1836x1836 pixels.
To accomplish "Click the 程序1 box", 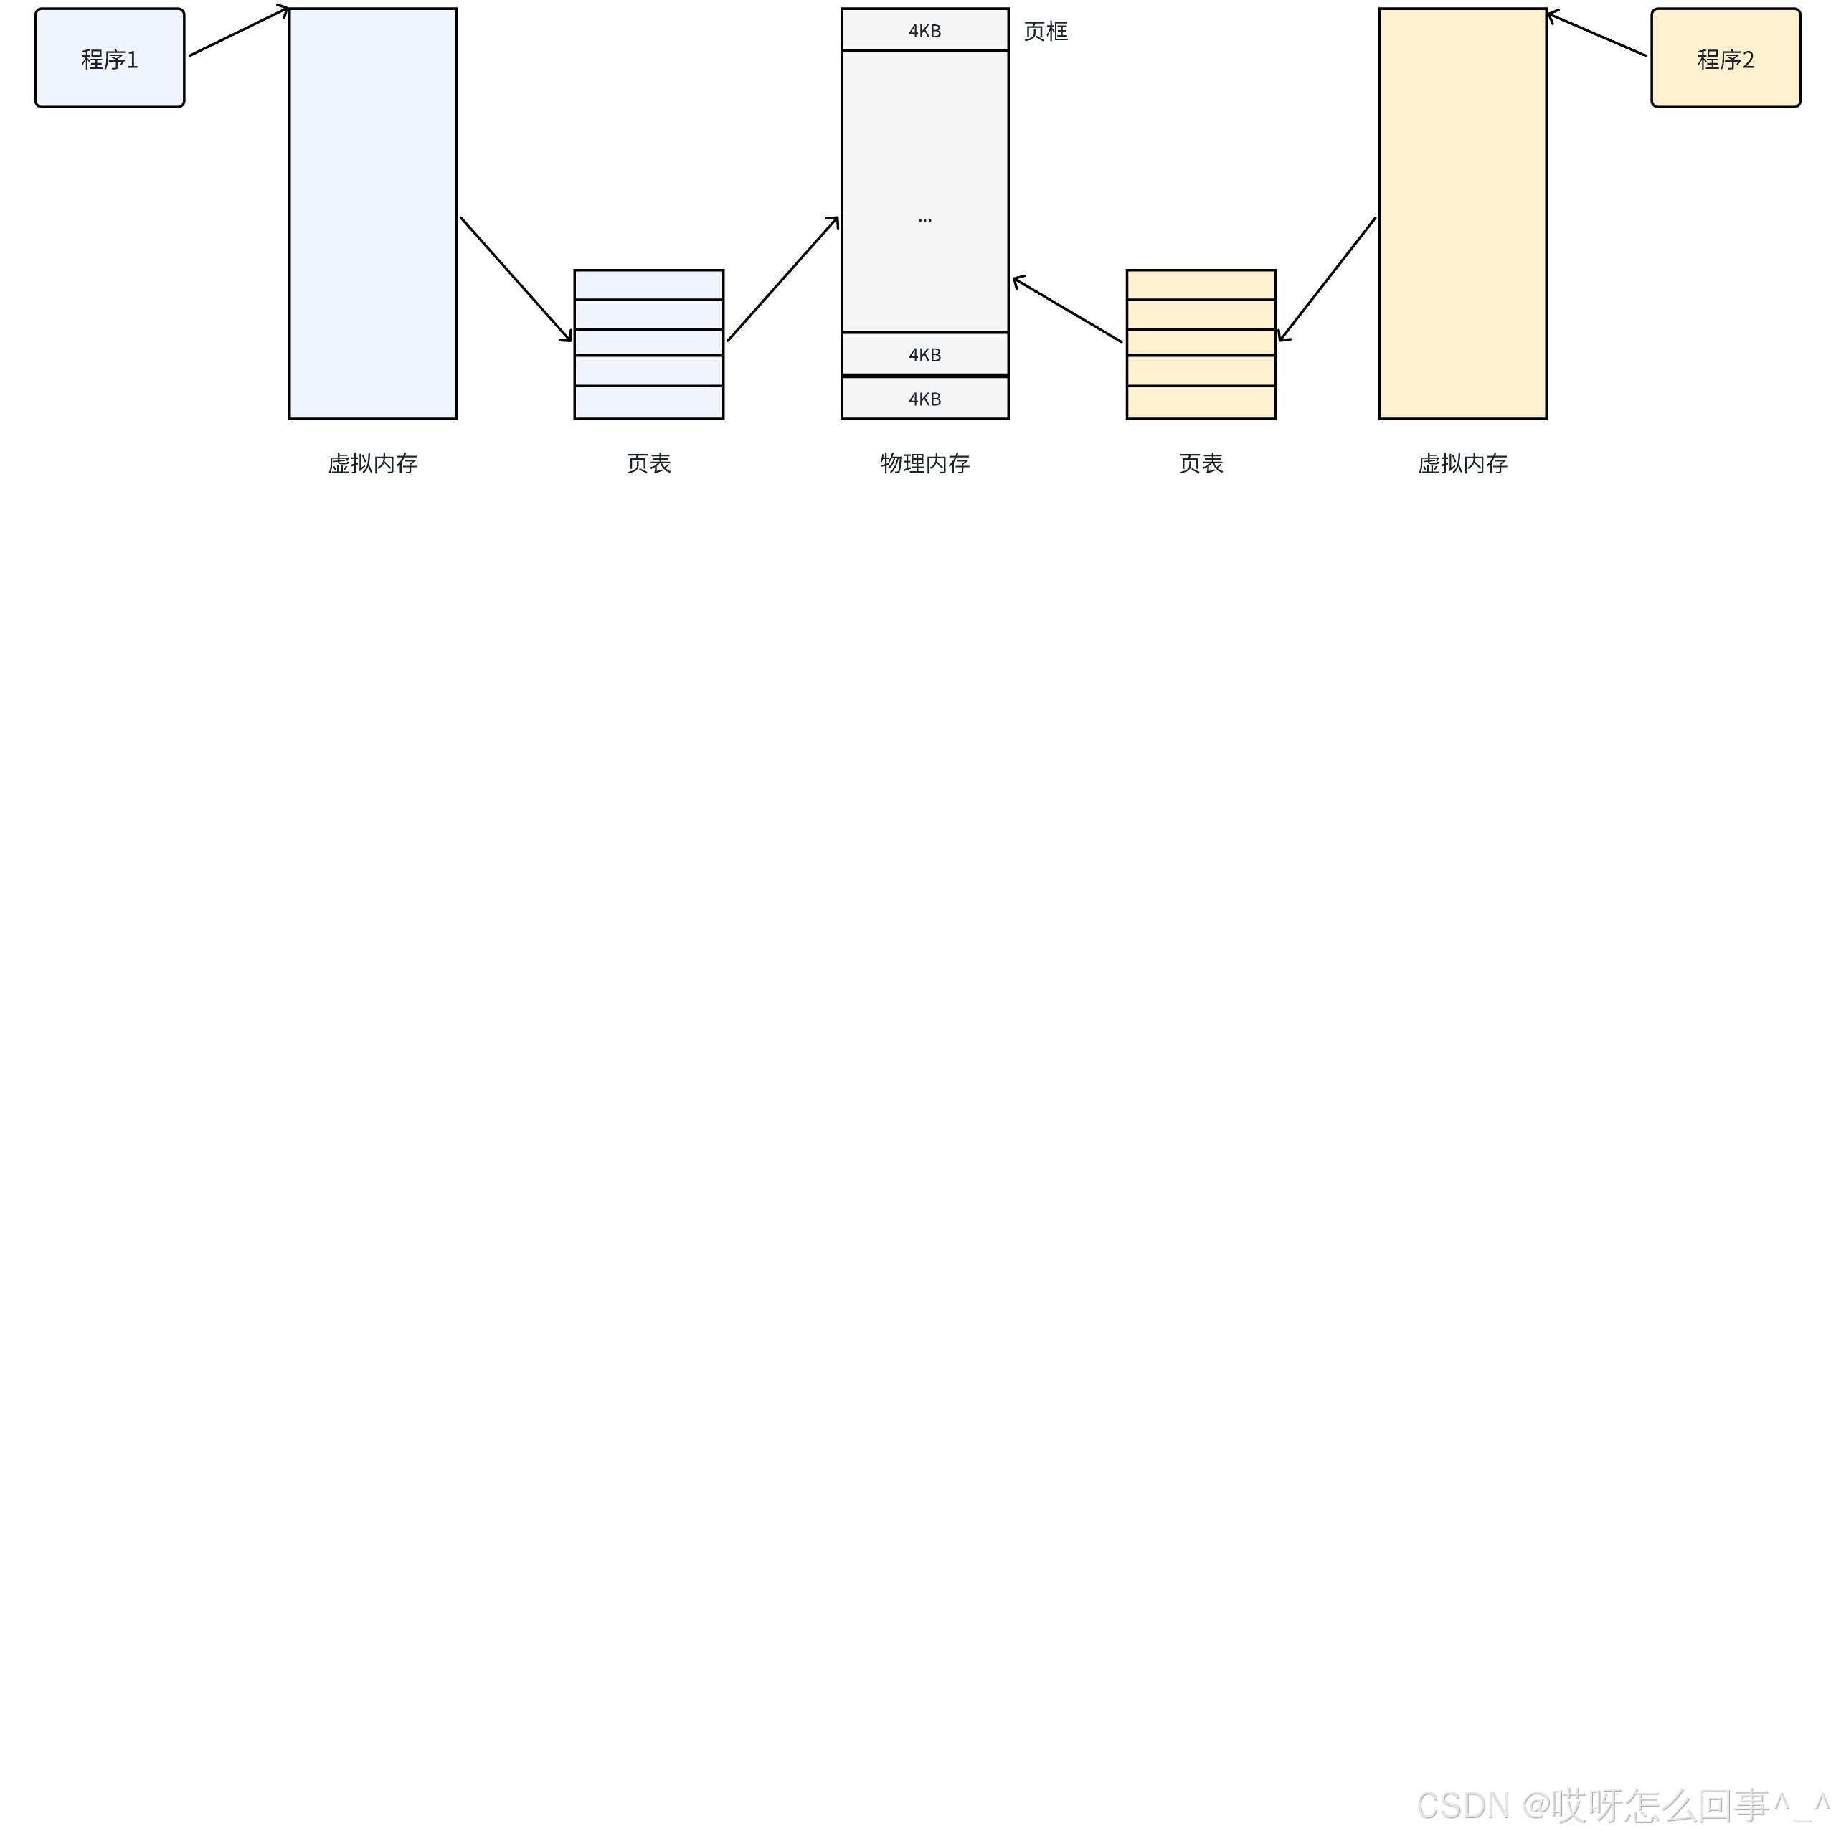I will click(x=109, y=58).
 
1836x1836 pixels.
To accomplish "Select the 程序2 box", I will click(x=1725, y=58).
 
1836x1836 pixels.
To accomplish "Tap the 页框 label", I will click(x=1046, y=32).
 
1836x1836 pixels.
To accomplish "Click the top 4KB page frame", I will click(x=924, y=30).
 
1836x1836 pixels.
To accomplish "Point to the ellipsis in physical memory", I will click(x=924, y=219).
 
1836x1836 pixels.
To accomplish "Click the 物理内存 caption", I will click(x=924, y=464).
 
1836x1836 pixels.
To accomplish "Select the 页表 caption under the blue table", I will click(x=649, y=464).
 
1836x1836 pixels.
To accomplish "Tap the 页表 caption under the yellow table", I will click(x=1201, y=464).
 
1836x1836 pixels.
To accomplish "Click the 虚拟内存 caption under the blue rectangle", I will click(x=372, y=464).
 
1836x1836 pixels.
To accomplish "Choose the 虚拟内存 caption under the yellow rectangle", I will click(x=1462, y=464).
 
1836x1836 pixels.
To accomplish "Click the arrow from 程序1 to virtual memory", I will click(x=237, y=32).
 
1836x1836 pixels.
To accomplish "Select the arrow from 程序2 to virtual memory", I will click(x=1596, y=34).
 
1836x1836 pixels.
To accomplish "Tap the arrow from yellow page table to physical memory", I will click(x=1067, y=309).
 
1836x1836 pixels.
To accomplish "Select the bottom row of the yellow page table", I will click(x=1201, y=402).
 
